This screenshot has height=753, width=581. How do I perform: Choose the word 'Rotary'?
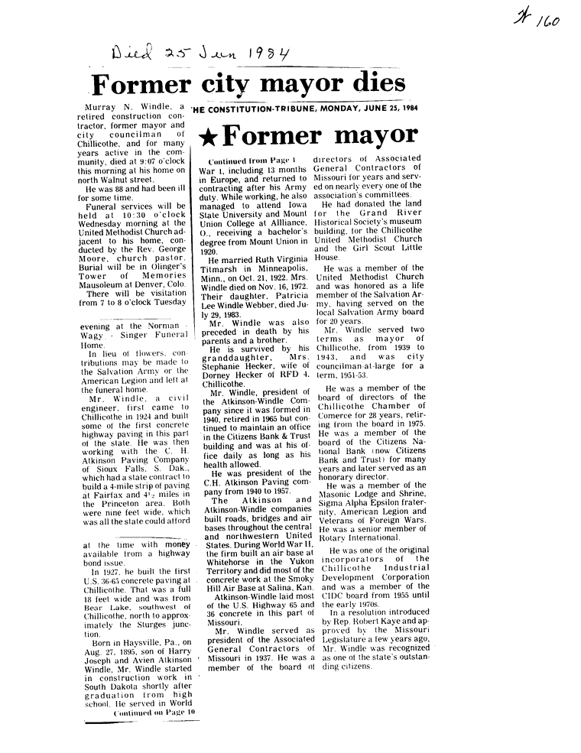point(334,538)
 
